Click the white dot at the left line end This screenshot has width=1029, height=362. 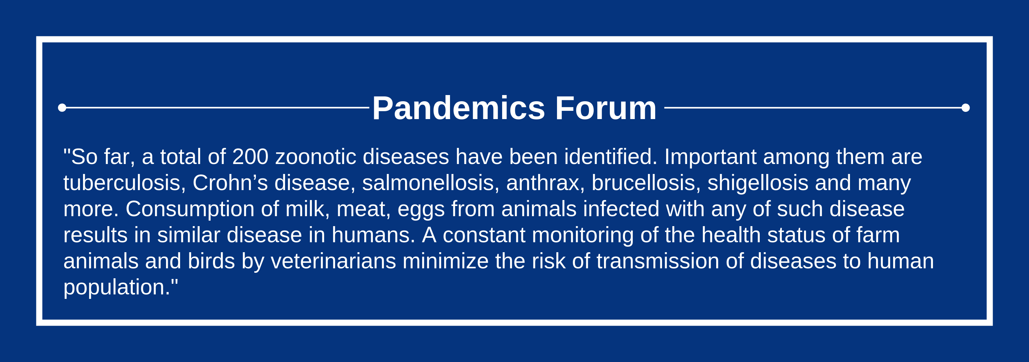(62, 107)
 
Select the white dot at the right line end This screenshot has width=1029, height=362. (966, 107)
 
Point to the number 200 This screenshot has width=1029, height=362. (250, 156)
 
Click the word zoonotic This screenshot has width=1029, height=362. (316, 156)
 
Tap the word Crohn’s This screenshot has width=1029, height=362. (230, 183)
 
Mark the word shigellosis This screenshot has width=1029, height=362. (758, 183)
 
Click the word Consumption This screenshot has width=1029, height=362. (190, 209)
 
